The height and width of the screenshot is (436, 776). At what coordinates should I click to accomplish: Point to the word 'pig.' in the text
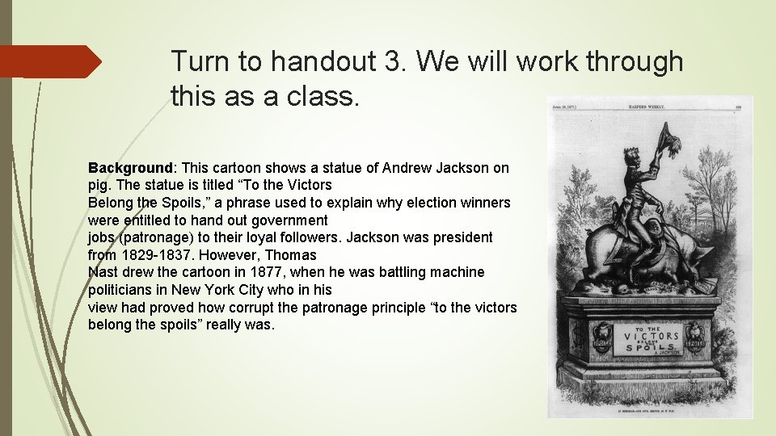click(100, 185)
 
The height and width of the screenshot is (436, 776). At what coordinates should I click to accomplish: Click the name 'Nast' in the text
click(103, 272)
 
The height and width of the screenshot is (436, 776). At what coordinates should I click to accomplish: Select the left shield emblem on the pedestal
click(601, 337)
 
